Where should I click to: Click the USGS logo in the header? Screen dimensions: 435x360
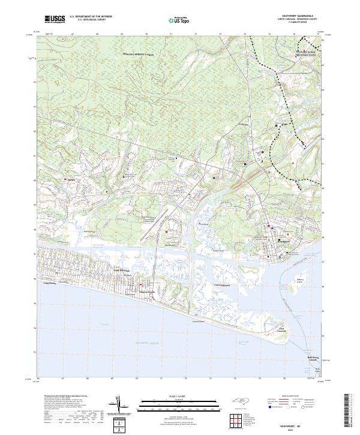(55, 19)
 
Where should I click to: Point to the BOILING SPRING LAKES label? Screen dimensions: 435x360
(139, 55)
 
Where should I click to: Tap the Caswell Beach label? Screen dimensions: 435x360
(222, 285)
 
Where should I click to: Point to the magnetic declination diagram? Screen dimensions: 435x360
(125, 409)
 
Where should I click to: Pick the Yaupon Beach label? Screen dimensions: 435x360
(148, 292)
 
